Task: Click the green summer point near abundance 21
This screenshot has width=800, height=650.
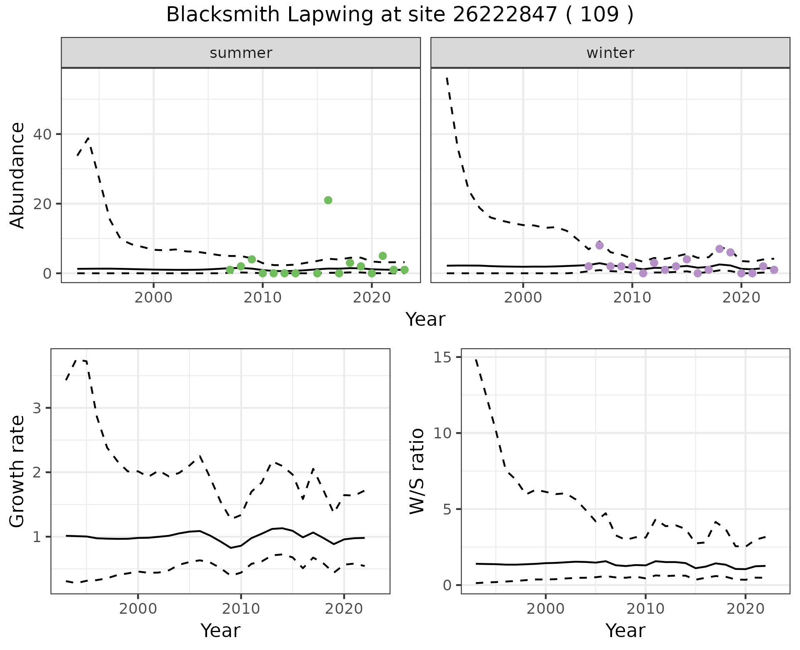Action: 328,200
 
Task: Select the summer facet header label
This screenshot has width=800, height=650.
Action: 241,53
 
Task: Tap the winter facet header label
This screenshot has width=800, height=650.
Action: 610,53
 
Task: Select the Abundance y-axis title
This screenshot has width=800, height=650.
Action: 17,175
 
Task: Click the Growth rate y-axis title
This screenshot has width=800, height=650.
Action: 17,471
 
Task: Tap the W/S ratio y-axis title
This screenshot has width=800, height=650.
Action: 417,471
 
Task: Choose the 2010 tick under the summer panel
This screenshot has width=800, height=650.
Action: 262,298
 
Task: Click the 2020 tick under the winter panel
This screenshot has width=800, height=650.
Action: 741,298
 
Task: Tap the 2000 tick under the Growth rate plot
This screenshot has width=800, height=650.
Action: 138,609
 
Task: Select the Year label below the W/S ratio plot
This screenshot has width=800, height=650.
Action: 625,630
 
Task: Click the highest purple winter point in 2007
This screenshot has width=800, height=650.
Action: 600,245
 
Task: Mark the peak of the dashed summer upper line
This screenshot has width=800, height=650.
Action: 88,137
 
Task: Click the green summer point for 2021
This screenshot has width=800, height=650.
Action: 382,256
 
